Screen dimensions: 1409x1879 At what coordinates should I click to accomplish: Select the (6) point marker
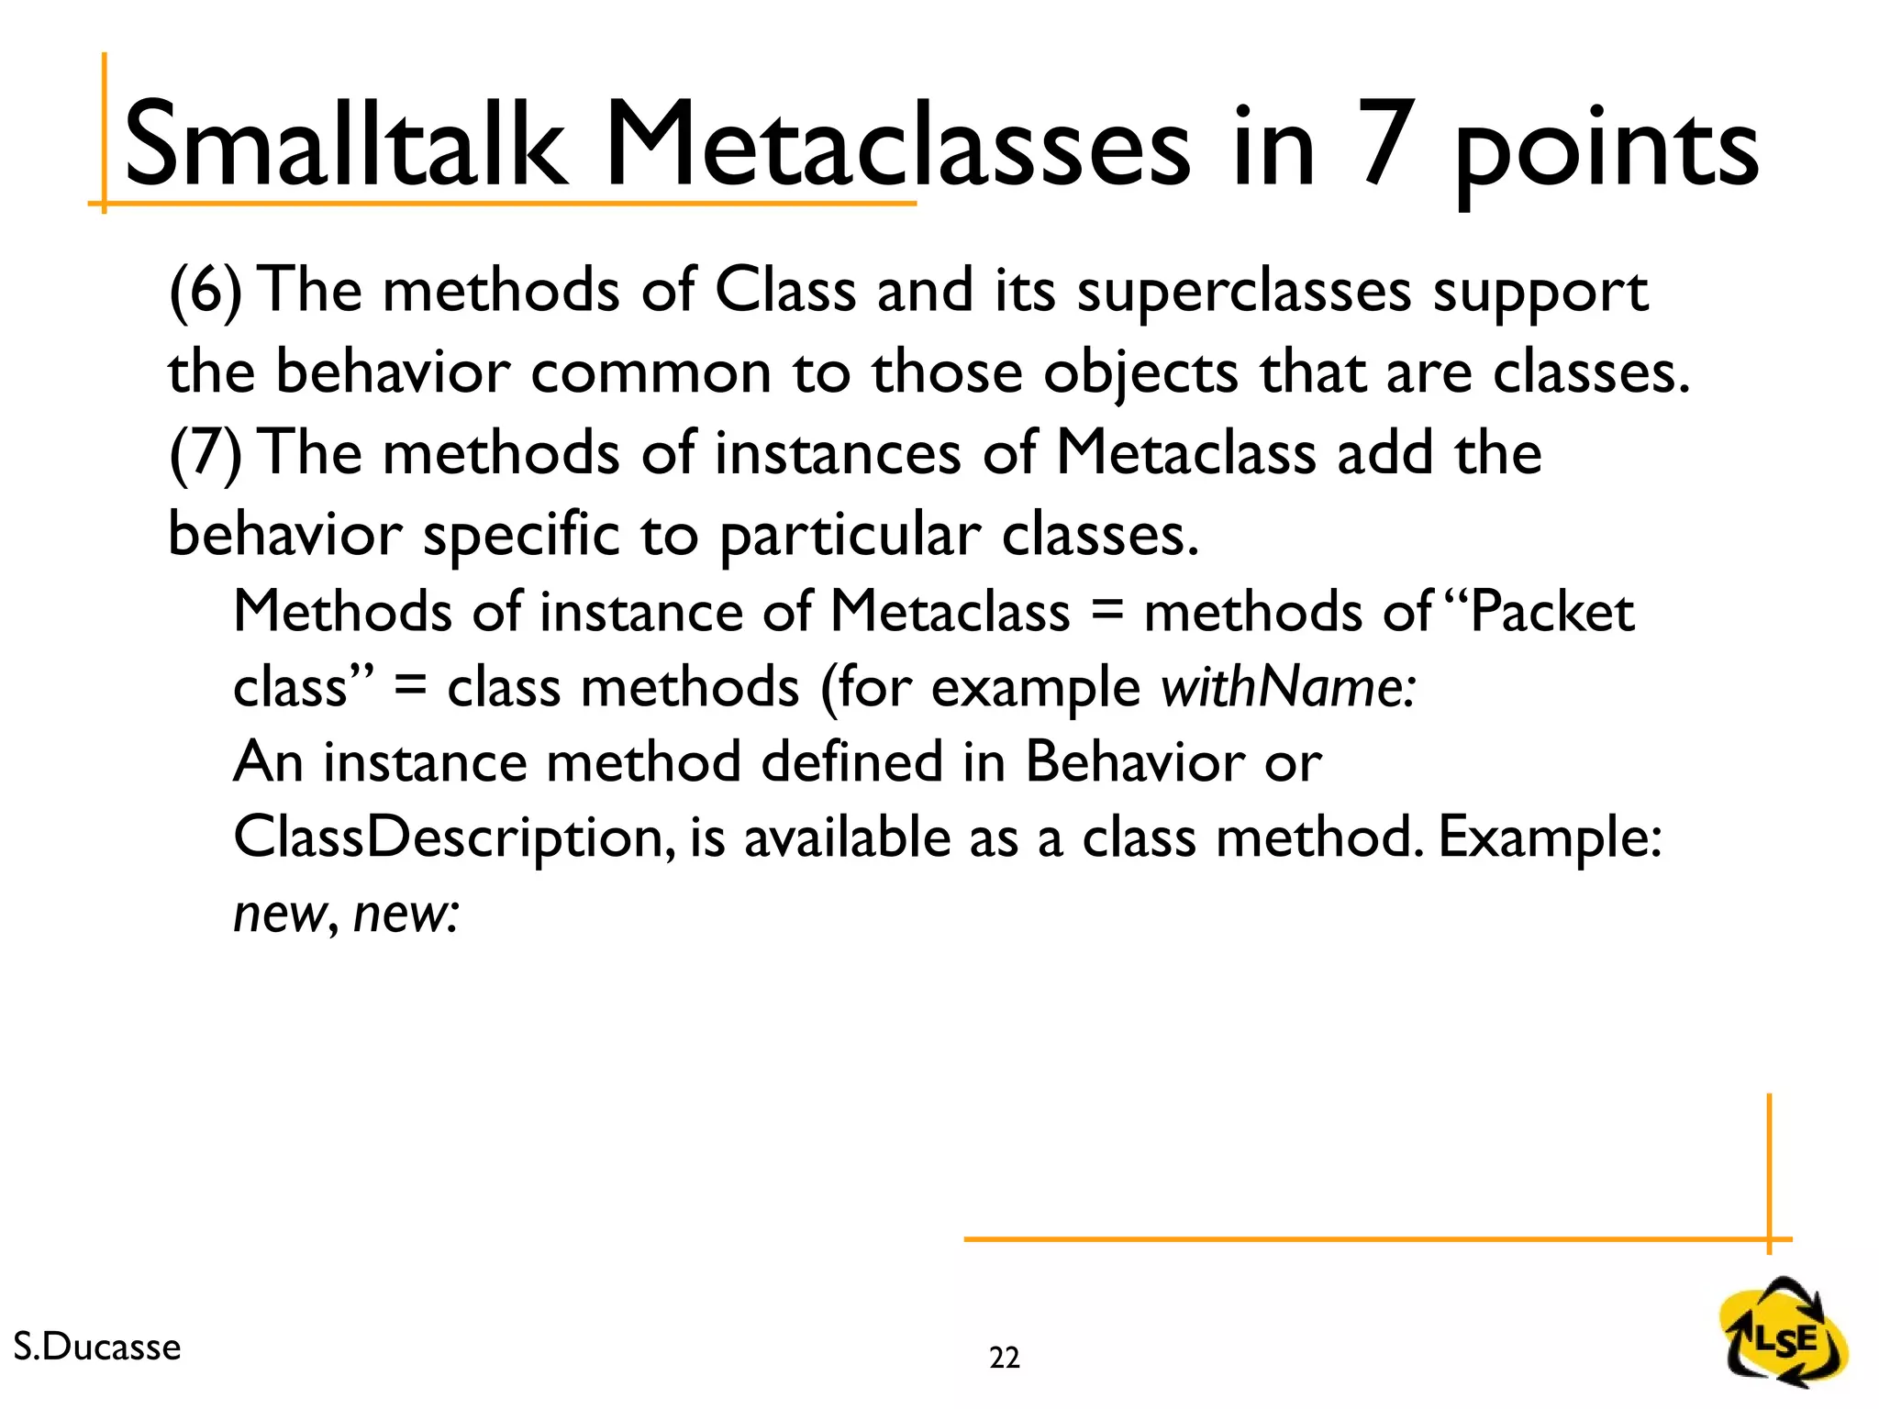click(206, 292)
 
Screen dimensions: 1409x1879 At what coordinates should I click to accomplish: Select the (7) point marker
click(206, 454)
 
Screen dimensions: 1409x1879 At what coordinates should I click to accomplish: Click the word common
click(650, 374)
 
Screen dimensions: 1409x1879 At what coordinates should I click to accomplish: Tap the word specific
click(520, 537)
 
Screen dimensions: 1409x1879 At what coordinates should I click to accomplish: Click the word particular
click(850, 537)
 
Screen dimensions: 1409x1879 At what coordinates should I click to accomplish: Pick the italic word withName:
click(1289, 688)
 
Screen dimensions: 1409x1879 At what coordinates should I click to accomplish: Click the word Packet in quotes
click(1551, 612)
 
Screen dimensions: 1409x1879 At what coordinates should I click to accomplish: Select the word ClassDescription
click(449, 838)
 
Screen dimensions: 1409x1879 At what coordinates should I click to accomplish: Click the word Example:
click(1550, 838)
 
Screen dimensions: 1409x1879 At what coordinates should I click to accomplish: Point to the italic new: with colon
click(406, 915)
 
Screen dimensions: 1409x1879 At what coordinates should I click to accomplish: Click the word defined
click(851, 762)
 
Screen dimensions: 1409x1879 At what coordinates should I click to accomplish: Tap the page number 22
click(1004, 1358)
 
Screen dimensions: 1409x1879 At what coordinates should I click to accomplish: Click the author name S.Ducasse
click(97, 1347)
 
